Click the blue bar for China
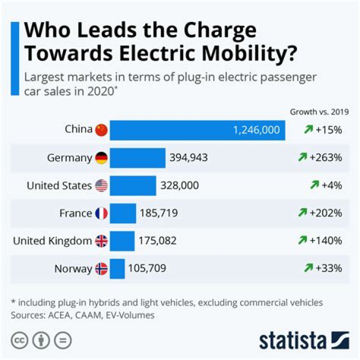[x=197, y=130]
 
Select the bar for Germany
[x=137, y=158]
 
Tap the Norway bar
[x=117, y=268]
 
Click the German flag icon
[x=101, y=158]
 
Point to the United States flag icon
[x=101, y=185]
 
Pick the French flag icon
[x=101, y=213]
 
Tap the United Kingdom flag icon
[x=101, y=241]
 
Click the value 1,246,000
[x=256, y=130]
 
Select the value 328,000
[x=179, y=185]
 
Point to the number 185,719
[x=158, y=213]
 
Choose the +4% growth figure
[x=331, y=185]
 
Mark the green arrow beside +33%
[x=308, y=268]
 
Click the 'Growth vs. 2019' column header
[x=319, y=111]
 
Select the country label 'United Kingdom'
[x=53, y=241]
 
